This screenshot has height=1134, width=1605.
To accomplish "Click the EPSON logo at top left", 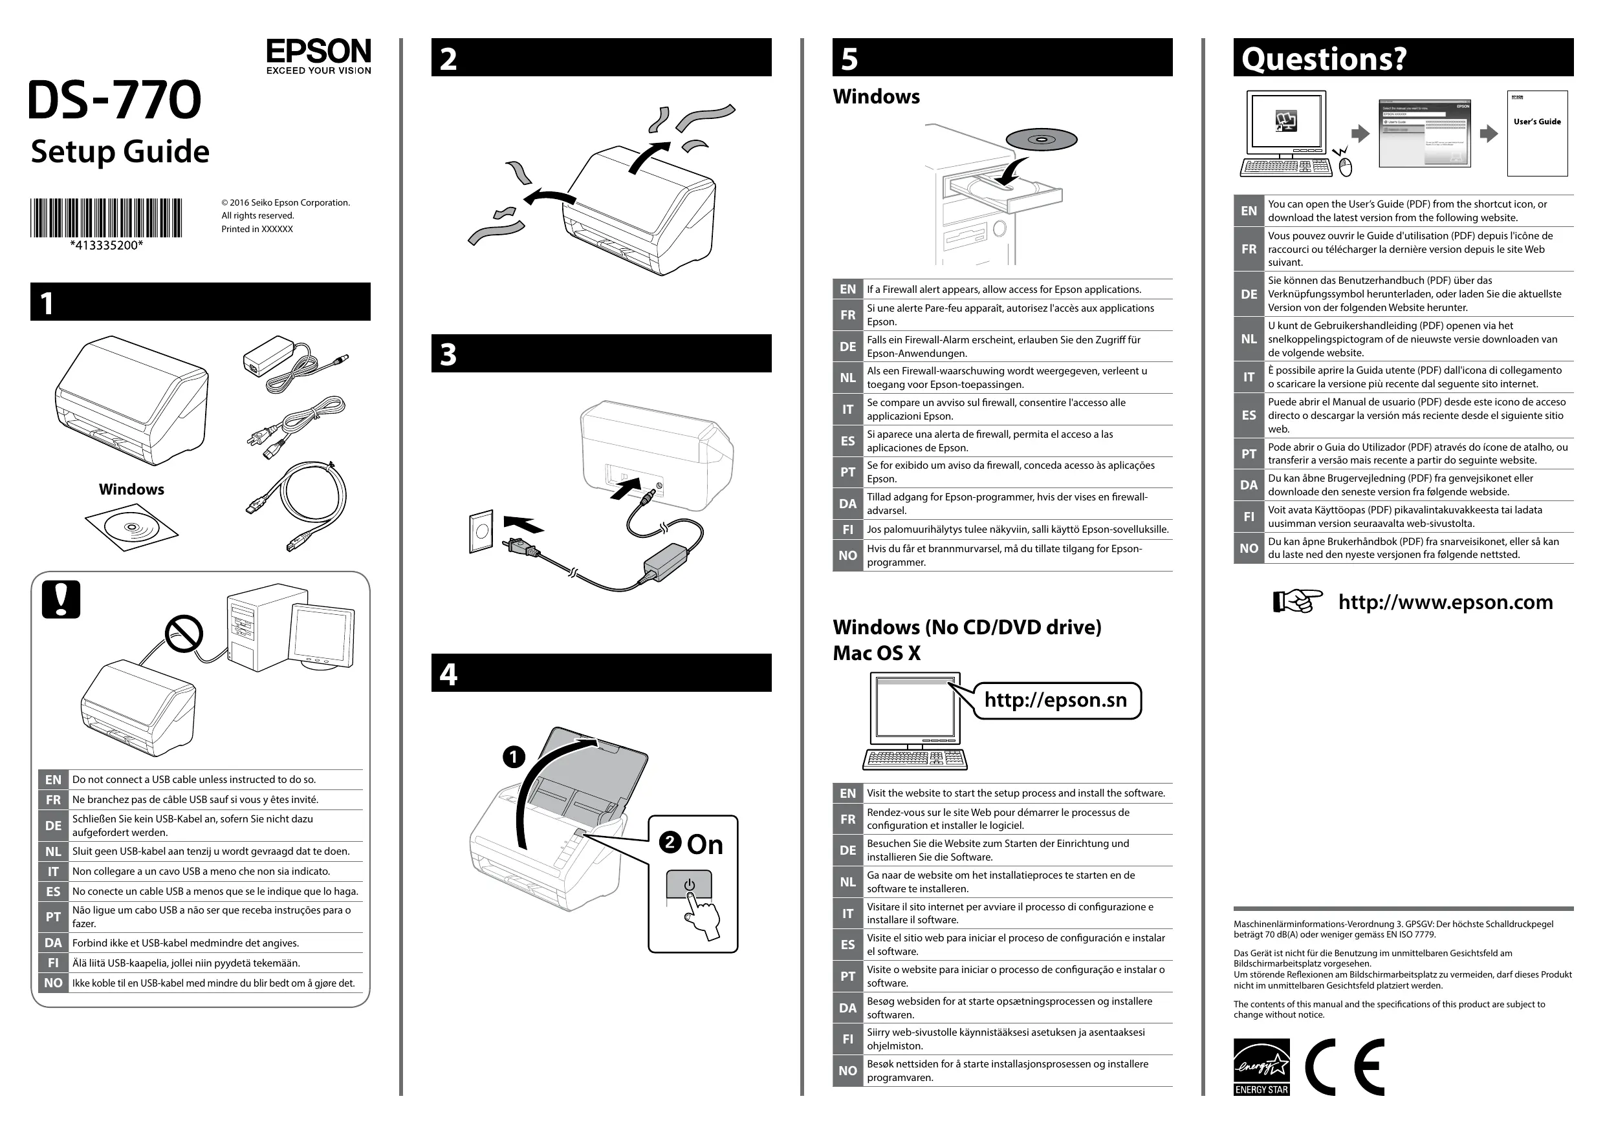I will click(318, 56).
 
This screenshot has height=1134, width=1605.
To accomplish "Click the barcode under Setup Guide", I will click(105, 217).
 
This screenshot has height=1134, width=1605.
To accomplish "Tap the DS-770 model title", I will click(115, 100).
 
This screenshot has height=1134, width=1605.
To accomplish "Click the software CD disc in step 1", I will click(131, 528).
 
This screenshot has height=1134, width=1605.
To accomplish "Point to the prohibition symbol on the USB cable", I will click(184, 634).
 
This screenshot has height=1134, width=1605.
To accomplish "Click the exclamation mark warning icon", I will click(61, 599).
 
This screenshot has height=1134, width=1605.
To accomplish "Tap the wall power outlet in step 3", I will click(481, 531).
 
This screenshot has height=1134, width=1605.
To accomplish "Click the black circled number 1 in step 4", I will click(514, 756).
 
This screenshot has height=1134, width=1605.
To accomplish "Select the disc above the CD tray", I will click(1042, 140).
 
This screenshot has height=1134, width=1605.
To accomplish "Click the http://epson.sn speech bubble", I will click(1056, 700).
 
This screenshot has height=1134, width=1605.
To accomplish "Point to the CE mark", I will click(1344, 1066).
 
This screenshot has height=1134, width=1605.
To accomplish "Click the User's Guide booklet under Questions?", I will click(1537, 133).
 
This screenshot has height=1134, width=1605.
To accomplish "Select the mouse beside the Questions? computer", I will click(1346, 166).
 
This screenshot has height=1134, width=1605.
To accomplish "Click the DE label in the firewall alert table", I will click(847, 347).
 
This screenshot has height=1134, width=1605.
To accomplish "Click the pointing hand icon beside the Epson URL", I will click(1296, 601).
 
